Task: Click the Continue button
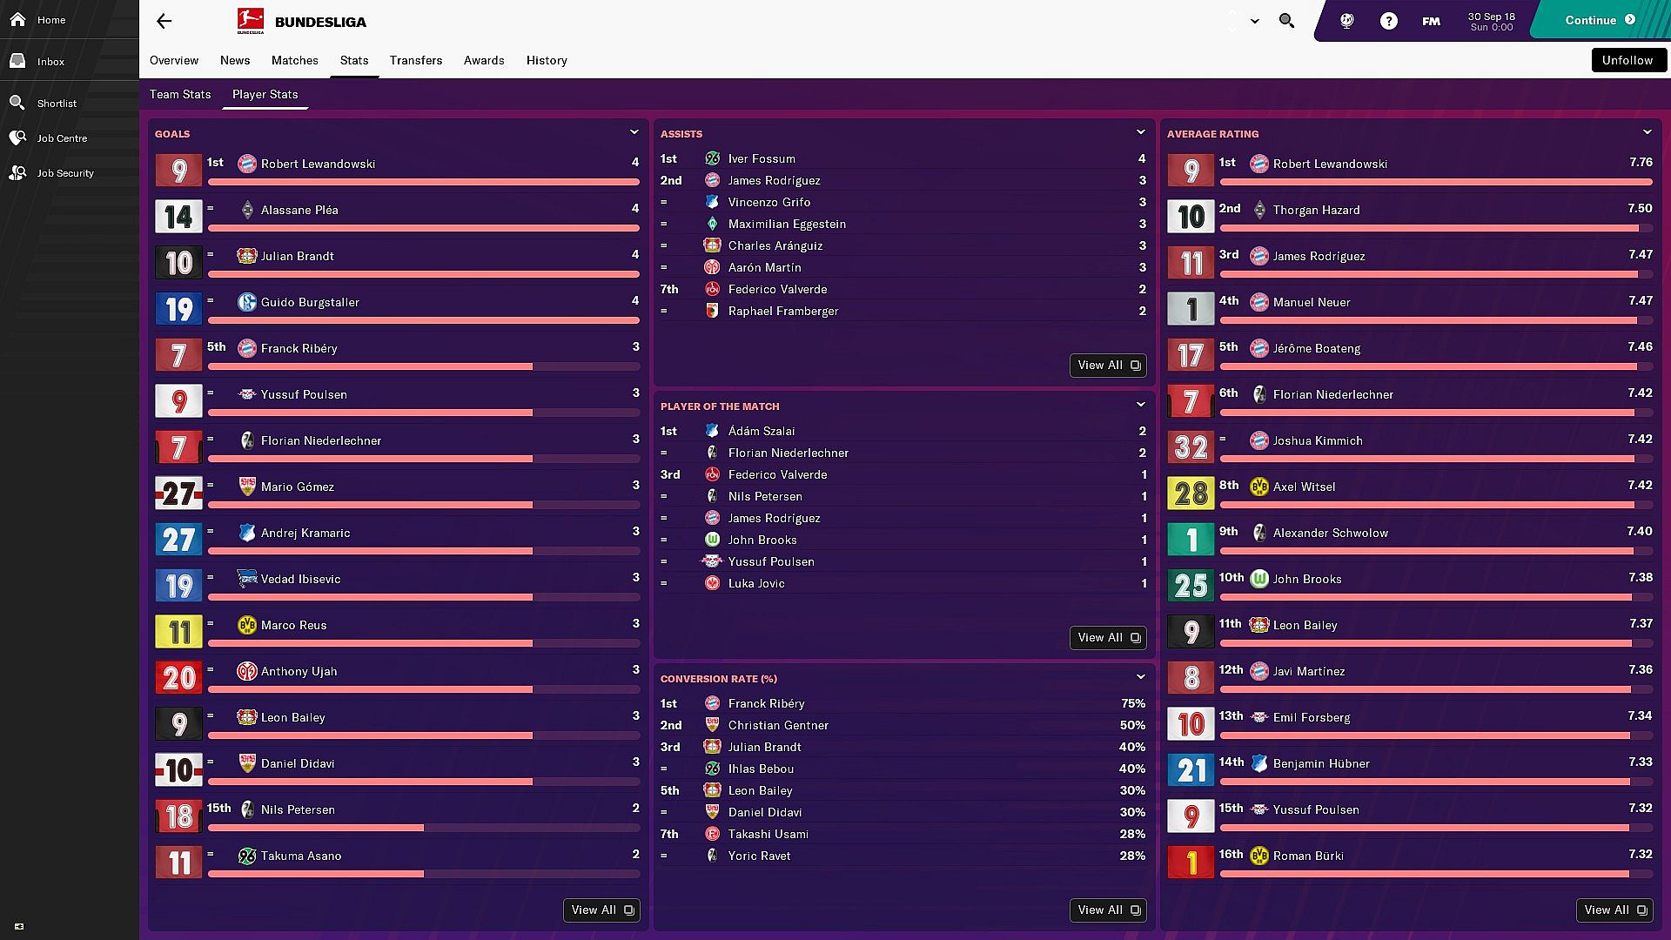[x=1599, y=20]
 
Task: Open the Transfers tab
[x=415, y=60]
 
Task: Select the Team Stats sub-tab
[x=180, y=94]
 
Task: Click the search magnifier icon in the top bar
[x=1286, y=20]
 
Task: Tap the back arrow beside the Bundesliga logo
[x=164, y=22]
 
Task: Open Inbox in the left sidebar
[x=50, y=62]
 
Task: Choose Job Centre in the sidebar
[x=62, y=138]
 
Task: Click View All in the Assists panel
[x=1107, y=366]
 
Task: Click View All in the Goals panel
[x=601, y=910]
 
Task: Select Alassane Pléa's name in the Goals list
[x=299, y=210]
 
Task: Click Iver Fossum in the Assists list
[x=762, y=158]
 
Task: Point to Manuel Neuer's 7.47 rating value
[x=1640, y=300]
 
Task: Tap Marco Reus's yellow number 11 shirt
[x=178, y=631]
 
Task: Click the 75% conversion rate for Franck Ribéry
[x=1132, y=703]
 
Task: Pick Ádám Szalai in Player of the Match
[x=762, y=431]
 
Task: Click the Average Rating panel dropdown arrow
[x=1647, y=132]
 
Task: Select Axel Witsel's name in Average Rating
[x=1304, y=487]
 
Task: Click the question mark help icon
[x=1388, y=21]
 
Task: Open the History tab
[x=547, y=60]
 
